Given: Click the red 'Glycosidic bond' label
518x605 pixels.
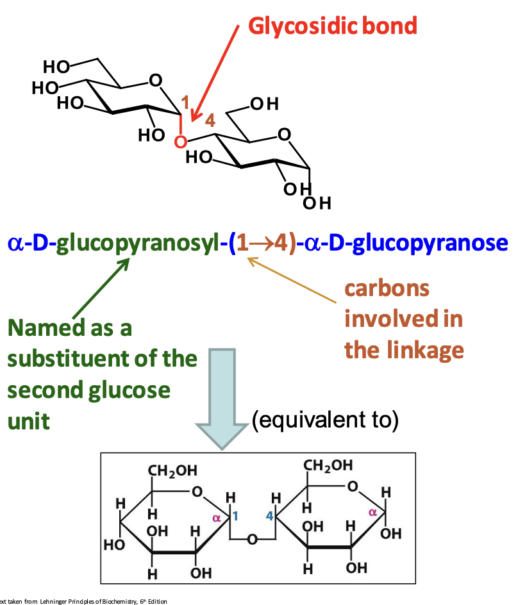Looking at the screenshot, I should tap(332, 26).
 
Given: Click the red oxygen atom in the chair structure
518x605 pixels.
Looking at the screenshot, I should tap(181, 140).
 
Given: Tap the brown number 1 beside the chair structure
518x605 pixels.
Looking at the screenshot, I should tap(185, 102).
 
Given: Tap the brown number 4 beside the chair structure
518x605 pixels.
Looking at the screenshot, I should tap(210, 119).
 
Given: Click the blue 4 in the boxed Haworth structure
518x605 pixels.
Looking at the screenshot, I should tap(270, 515).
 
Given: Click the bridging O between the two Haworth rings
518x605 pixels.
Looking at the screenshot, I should tap(253, 540).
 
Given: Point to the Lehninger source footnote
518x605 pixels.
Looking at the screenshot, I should tap(83, 601).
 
